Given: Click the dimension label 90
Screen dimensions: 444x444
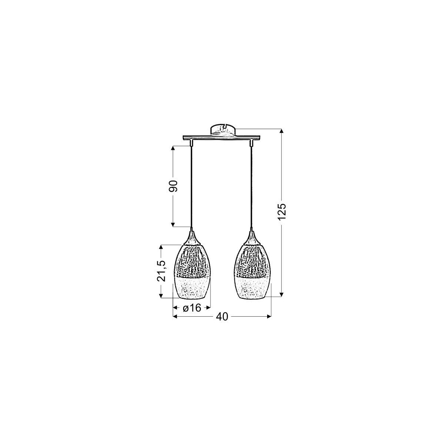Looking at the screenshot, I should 174,186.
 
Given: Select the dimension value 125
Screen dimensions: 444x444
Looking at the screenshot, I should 282,212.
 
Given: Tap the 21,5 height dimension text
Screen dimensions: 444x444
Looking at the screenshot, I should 161,271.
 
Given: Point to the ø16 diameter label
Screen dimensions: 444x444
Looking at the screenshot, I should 192,307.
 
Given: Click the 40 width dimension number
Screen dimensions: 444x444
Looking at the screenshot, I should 222,317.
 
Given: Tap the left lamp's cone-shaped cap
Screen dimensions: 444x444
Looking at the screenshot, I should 192,238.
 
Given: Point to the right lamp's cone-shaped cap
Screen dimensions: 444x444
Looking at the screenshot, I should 253,238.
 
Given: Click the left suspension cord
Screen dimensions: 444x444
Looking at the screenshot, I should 192,185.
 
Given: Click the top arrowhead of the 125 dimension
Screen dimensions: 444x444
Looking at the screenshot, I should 282,131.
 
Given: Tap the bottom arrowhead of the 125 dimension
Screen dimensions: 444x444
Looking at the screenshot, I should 282,294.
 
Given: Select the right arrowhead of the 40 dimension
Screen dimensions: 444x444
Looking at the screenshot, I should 269,317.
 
